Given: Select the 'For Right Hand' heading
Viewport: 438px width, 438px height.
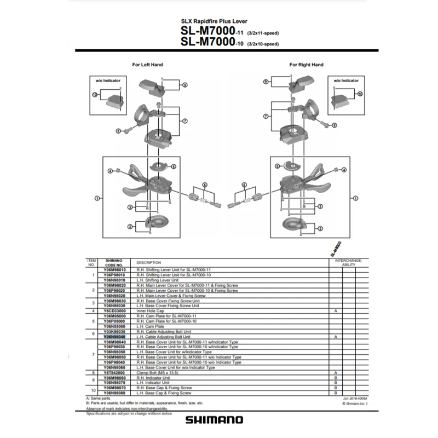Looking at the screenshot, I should [306, 65].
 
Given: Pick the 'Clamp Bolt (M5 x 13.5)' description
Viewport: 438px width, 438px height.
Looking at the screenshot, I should [158, 372].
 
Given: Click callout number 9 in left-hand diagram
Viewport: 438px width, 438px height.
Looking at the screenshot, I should [185, 85].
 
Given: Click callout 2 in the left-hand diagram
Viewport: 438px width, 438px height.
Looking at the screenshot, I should [130, 226].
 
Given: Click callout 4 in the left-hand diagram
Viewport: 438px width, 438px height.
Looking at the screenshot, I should [110, 171].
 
